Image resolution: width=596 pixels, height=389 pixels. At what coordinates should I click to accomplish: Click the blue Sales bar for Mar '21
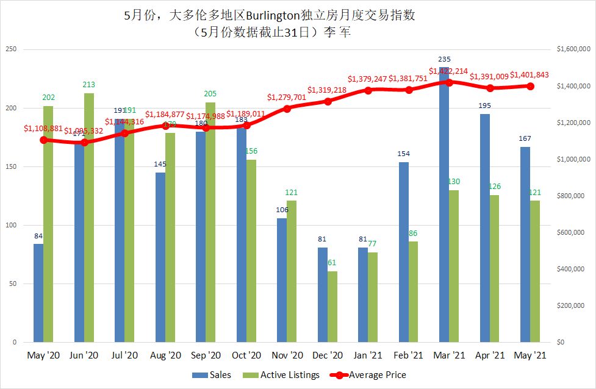[x=444, y=213]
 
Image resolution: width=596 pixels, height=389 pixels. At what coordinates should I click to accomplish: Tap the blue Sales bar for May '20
[x=38, y=293]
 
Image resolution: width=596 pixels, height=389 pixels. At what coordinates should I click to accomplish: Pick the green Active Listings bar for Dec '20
[x=332, y=307]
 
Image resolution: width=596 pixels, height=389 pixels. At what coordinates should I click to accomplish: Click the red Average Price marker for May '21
[x=530, y=86]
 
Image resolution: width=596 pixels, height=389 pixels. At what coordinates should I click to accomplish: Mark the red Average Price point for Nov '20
[x=287, y=108]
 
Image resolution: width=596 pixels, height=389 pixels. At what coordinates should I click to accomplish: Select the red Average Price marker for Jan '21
[x=368, y=90]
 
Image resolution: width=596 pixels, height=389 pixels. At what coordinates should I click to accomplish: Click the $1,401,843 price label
[x=529, y=75]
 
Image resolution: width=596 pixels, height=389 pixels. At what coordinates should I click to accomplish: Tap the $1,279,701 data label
[x=287, y=97]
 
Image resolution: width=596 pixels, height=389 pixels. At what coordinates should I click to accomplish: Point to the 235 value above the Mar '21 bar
[x=444, y=59]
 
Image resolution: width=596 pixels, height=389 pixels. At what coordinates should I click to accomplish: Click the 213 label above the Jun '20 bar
[x=89, y=85]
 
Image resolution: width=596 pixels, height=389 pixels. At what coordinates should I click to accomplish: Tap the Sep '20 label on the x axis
[x=206, y=355]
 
